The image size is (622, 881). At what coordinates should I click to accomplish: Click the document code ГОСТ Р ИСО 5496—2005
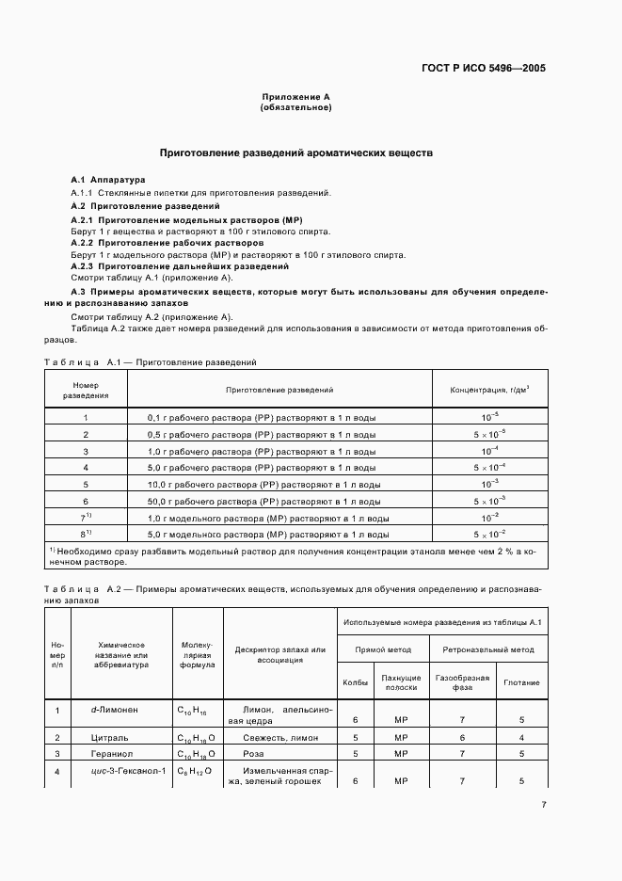484,69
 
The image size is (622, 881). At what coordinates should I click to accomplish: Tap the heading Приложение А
295,97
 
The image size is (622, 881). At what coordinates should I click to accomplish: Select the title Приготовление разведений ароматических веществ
295,152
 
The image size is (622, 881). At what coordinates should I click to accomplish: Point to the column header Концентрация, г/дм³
489,389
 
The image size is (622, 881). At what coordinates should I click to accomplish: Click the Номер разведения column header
86,390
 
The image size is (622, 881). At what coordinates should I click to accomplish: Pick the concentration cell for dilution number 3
489,451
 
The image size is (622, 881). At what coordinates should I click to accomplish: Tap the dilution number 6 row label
86,502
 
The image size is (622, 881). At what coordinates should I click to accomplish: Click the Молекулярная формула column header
198,654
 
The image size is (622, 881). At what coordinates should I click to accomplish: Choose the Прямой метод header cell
383,649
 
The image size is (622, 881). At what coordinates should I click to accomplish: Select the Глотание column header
521,682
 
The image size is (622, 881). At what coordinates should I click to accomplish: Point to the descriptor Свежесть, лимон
279,737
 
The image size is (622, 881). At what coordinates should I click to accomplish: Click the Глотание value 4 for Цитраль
521,737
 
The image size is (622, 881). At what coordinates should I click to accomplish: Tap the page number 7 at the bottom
544,804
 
